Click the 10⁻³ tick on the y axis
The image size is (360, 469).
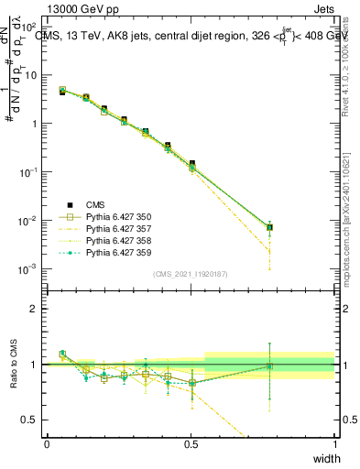31,269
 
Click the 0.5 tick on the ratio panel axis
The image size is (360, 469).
31,420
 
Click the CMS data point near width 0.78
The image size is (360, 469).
269,227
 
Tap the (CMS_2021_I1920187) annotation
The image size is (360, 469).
191,274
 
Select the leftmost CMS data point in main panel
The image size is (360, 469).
62,92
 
